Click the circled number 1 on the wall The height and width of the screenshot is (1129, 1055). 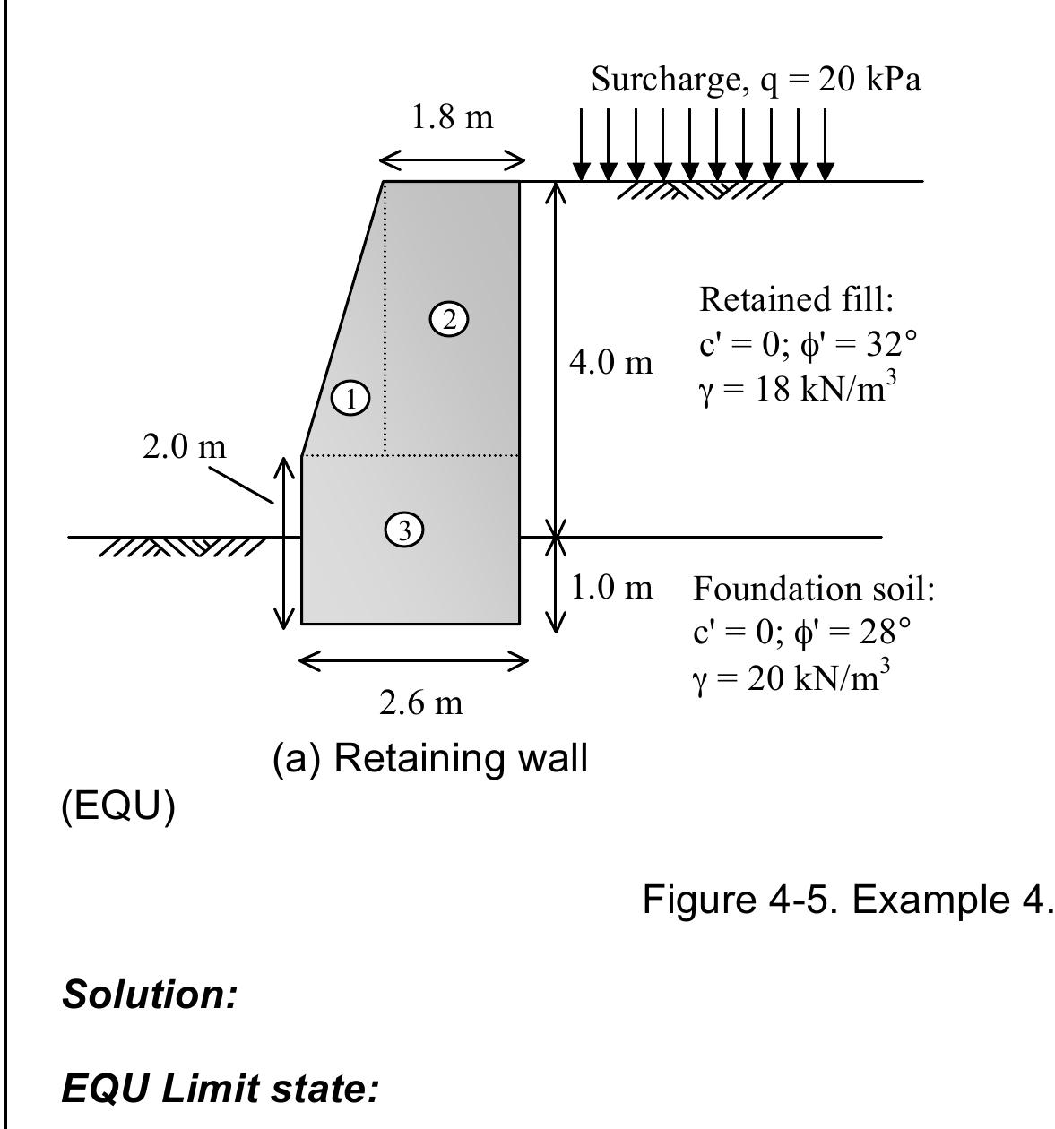pyautogui.click(x=351, y=399)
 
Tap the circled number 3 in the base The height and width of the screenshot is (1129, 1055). pyautogui.click(x=404, y=530)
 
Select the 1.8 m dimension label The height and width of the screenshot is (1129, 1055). pyautogui.click(x=452, y=117)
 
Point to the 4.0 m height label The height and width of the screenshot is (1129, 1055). pyautogui.click(x=611, y=363)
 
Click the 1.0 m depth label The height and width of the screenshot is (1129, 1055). pyautogui.click(x=611, y=588)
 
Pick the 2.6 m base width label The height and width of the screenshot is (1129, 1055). pyautogui.click(x=421, y=703)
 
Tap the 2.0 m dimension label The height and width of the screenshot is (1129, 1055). pyautogui.click(x=185, y=445)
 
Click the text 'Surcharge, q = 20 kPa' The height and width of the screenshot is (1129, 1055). pyautogui.click(x=756, y=81)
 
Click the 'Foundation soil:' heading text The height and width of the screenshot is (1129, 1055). pyautogui.click(x=814, y=590)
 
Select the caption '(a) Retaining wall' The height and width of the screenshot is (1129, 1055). pyautogui.click(x=429, y=759)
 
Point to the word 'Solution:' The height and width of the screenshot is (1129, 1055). pyautogui.click(x=150, y=995)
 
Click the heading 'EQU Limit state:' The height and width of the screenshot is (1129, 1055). pyautogui.click(x=221, y=1090)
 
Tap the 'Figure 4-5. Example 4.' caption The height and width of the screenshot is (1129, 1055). pyautogui.click(x=844, y=899)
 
